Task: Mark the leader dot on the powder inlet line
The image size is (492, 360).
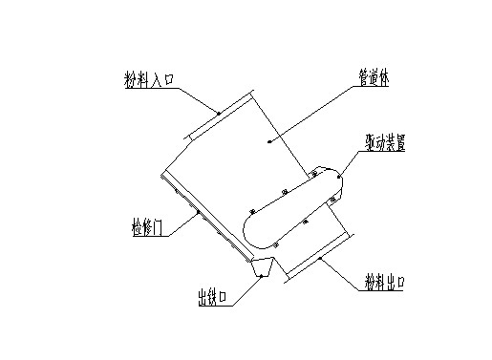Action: (218, 114)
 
